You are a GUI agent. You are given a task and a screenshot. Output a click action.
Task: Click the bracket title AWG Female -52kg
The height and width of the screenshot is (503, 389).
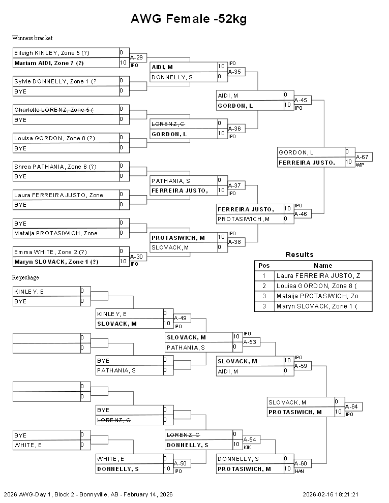coord(189,19)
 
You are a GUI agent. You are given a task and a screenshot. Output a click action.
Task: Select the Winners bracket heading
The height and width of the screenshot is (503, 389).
coord(33,38)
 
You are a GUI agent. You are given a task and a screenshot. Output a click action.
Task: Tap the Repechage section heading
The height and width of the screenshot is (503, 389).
coord(25,277)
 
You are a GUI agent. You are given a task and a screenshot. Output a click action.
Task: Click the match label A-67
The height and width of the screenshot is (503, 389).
coord(362,157)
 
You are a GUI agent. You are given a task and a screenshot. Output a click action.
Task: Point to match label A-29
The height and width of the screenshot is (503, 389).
coord(136,57)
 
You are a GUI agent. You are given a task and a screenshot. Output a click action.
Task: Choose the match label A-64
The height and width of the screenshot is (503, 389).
coord(351,406)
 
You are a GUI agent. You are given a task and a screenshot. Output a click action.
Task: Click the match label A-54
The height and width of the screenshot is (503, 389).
coord(250,439)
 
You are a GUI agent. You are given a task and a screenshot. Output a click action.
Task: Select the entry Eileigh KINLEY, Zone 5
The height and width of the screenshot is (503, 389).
coord(52,53)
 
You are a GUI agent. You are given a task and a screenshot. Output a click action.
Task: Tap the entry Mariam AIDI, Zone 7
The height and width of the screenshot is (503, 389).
coord(49,63)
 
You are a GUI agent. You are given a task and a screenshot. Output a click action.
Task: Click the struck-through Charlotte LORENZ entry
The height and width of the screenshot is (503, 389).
coord(53,110)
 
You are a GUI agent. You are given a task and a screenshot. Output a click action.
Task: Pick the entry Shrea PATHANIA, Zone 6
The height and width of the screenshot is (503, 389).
coord(55,167)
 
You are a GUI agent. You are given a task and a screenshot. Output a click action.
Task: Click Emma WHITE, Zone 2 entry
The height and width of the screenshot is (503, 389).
coord(50,252)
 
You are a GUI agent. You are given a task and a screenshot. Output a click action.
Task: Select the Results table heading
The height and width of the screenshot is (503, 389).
coord(299,255)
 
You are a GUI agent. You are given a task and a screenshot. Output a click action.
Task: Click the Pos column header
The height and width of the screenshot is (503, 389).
coord(264,266)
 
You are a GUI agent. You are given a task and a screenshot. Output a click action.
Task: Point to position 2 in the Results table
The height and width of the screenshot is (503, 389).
coord(264,286)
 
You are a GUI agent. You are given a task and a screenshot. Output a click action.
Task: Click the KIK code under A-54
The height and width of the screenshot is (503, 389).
coord(247,448)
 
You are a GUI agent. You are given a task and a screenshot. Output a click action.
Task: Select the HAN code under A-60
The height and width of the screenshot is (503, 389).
coord(300,471)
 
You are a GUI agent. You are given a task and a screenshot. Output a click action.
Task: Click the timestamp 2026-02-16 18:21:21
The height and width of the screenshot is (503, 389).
coord(330,494)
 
